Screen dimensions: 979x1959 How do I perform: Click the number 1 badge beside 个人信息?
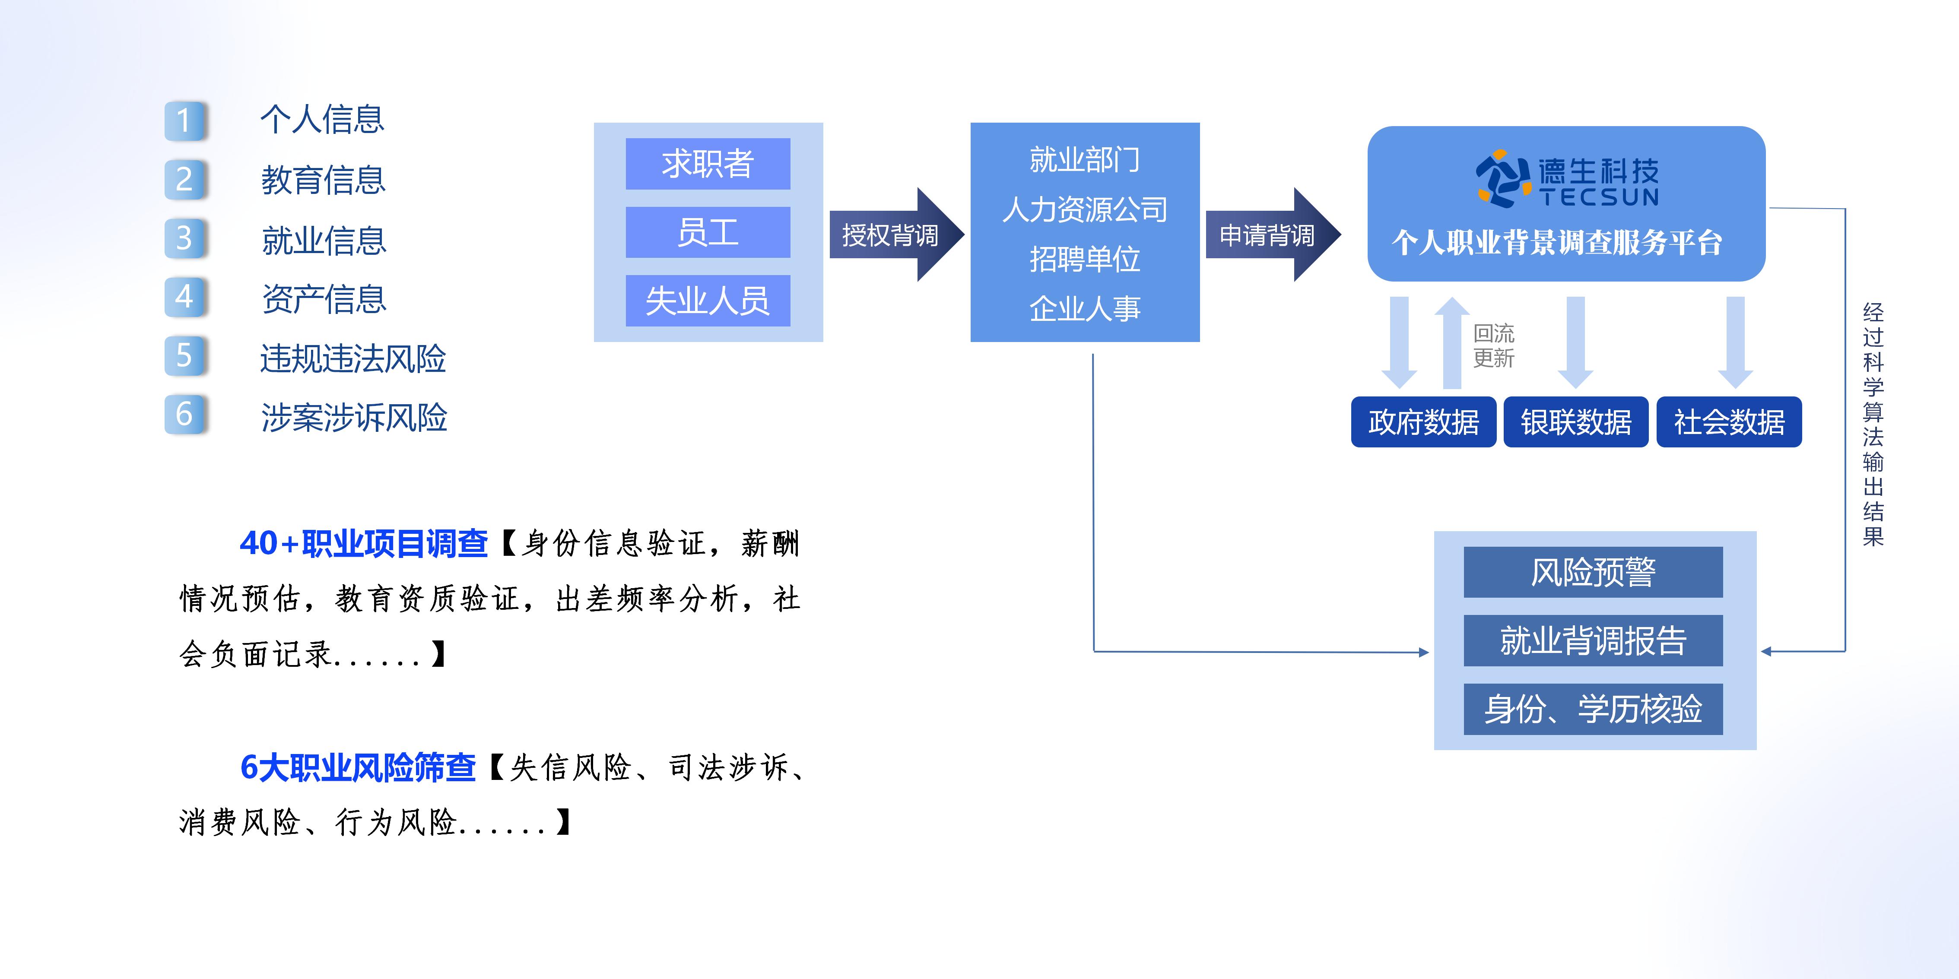[185, 120]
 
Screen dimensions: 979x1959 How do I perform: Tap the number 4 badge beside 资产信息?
[185, 296]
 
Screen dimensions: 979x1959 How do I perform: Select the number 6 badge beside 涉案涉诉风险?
[185, 414]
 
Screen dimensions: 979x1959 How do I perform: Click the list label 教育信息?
[323, 180]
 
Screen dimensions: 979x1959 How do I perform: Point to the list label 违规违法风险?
[353, 359]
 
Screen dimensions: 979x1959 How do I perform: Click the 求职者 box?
[707, 163]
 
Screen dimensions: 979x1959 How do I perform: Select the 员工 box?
[707, 232]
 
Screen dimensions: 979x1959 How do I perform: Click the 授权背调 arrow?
[894, 235]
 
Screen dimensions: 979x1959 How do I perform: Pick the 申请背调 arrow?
[1270, 235]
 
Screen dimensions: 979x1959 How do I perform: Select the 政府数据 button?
[1423, 422]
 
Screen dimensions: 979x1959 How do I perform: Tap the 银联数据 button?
[1576, 422]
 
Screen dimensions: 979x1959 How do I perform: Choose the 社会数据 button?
[1729, 422]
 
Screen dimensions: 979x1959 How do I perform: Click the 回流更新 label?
[1494, 346]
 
